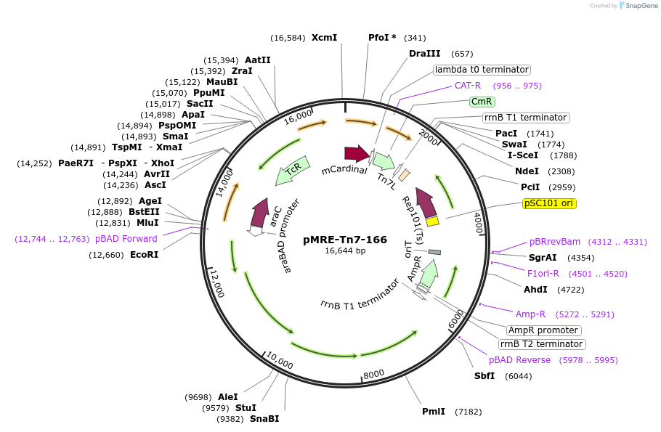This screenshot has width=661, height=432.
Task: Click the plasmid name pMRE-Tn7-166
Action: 345,239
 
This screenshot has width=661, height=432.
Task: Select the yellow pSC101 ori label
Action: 549,203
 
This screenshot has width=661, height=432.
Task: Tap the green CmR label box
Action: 482,102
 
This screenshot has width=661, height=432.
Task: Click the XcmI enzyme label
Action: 324,37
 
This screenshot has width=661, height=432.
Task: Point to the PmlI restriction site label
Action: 434,412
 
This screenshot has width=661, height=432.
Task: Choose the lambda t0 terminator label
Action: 482,70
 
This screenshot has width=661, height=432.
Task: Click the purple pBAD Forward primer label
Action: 126,239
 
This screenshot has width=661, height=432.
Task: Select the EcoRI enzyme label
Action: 144,255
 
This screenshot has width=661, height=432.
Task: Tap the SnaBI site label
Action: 264,419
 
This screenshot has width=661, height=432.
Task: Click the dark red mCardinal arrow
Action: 357,153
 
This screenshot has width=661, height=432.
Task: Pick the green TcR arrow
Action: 293,171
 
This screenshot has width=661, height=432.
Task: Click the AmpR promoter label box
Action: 543,330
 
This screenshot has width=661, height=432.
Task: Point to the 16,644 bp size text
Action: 345,251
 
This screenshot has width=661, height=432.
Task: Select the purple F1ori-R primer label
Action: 543,274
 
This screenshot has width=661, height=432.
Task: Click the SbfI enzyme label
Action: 484,375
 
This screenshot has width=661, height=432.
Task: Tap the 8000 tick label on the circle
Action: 373,374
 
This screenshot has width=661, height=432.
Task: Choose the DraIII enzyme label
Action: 425,54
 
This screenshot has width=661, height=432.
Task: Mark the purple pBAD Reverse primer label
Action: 519,360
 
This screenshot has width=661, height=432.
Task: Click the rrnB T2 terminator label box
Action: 541,344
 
